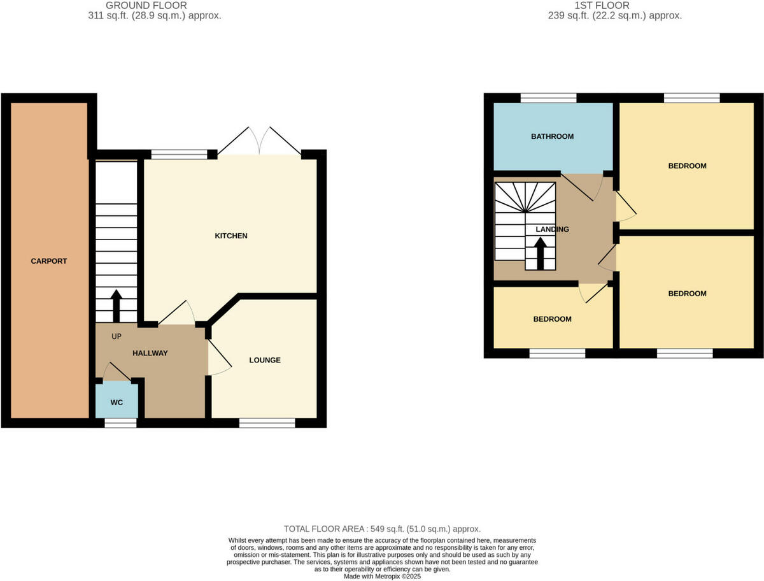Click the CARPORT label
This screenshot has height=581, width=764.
49,261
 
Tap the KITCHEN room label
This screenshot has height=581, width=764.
230,236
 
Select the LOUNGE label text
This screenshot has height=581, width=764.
265,360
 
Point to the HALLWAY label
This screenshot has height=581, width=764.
150,353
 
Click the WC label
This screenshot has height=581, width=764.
117,403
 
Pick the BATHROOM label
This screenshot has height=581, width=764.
553,136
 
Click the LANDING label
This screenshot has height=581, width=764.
553,229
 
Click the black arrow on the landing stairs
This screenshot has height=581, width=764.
540,254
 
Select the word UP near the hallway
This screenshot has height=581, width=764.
117,336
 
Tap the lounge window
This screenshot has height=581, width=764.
267,422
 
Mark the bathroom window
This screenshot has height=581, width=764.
549,98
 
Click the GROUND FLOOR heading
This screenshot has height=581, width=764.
146,5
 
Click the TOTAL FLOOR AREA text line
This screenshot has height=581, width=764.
382,529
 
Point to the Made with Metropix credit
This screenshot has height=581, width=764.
382,577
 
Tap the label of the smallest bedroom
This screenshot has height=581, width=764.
552,319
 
